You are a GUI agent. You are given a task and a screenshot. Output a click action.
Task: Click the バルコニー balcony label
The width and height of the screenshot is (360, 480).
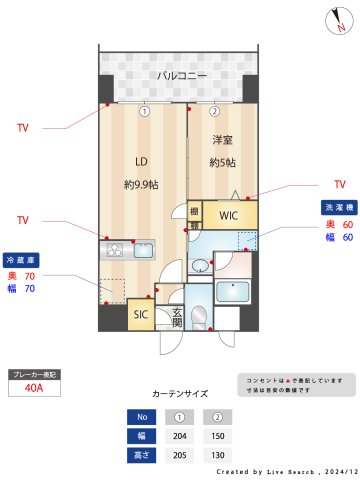coord(181,76)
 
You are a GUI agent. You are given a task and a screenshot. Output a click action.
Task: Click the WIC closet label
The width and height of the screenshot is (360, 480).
coord(228,215)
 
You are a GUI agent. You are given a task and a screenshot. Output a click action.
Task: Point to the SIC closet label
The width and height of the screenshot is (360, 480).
coord(140,316)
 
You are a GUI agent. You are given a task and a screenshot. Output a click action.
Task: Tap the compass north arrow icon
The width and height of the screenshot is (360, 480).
coord(340,22)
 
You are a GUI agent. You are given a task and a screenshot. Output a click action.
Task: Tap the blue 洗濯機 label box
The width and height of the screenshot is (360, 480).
coord(337,206)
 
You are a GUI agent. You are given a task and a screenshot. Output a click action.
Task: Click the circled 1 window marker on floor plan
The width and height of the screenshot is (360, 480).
coord(144,112)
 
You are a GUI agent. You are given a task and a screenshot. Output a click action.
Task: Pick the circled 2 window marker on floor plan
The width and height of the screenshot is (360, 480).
coord(214,112)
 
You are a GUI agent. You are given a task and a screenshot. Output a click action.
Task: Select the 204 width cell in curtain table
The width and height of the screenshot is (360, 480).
coord(179,436)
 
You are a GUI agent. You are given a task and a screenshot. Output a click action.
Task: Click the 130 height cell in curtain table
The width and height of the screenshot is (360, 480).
coord(214,455)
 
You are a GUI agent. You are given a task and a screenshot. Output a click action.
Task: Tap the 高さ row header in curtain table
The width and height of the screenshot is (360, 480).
coord(142,455)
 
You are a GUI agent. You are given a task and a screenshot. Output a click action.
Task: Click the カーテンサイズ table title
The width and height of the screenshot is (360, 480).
coord(180,394)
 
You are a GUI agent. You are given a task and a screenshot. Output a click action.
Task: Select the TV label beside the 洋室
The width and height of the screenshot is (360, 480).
coord(339,184)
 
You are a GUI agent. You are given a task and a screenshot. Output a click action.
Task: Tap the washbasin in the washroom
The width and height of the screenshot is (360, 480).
coord(201,266)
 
